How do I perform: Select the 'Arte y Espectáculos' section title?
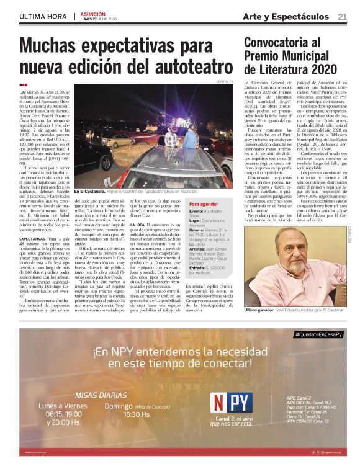click(x=286, y=16)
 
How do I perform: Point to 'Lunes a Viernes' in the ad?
click(x=63, y=406)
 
